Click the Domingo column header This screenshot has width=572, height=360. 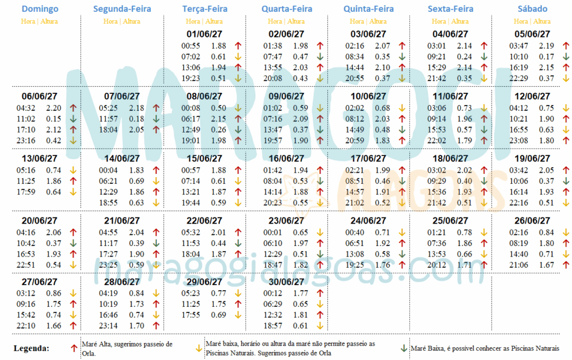40,9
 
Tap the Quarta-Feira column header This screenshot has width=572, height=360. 287,9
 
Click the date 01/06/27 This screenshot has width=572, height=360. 204,34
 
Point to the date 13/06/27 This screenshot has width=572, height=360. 40,159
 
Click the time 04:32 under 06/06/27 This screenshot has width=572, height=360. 27,108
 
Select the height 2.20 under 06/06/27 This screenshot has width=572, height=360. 54,108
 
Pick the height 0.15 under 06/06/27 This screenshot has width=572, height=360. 54,119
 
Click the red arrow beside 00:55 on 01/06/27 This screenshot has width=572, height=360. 238,46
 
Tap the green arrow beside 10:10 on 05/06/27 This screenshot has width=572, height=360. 565,56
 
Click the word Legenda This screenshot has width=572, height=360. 31,348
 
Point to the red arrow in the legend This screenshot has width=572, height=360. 74,348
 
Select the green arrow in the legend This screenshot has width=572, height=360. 404,348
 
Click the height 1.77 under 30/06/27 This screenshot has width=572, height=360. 301,293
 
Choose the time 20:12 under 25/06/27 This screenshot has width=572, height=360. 437,264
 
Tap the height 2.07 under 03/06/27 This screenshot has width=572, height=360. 383,46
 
